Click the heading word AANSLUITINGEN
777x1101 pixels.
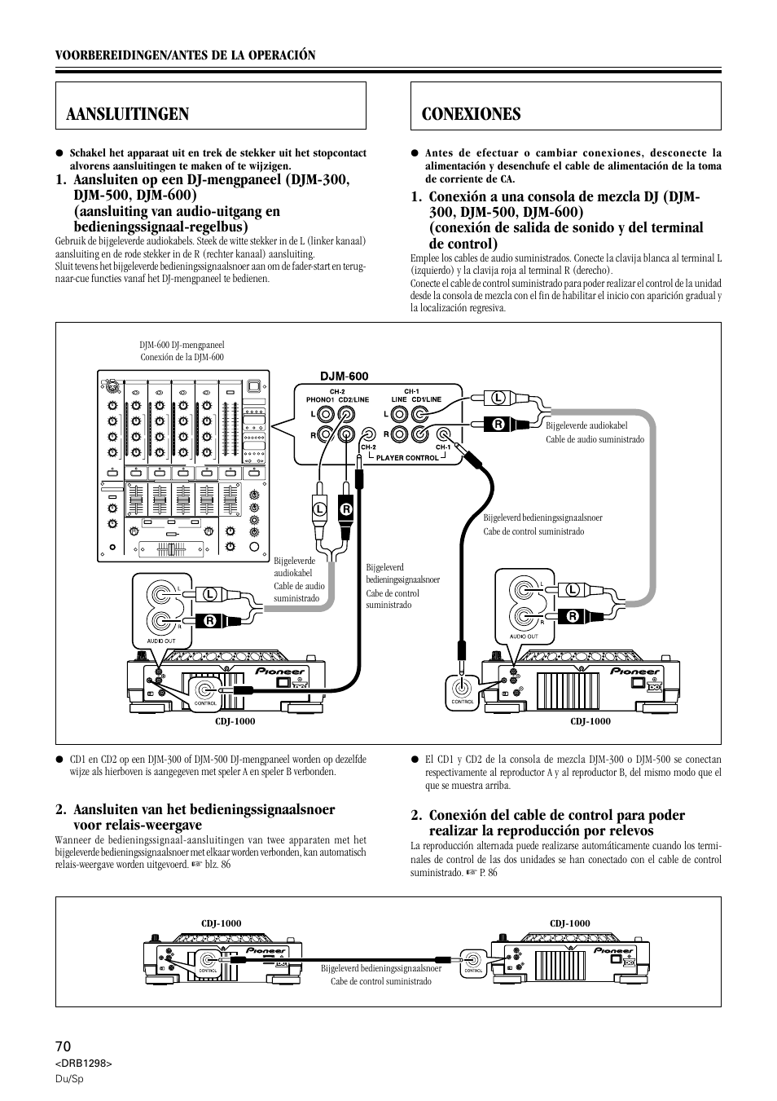coord(128,114)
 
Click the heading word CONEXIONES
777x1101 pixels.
coord(472,114)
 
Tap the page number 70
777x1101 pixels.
coord(64,1046)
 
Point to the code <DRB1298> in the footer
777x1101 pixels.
coord(83,1064)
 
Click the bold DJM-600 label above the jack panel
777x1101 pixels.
coord(344,377)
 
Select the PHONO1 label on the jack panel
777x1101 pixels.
coord(320,399)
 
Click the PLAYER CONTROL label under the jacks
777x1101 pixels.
coord(407,458)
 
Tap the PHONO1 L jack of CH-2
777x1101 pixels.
coord(325,414)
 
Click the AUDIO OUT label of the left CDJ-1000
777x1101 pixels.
coord(160,641)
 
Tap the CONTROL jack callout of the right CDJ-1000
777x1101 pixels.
coord(463,689)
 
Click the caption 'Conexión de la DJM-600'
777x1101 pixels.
coord(182,357)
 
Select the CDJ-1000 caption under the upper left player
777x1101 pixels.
coord(235,721)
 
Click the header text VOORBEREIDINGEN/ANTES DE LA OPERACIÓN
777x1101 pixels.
coord(185,55)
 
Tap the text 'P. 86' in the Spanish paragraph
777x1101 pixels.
coord(486,872)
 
